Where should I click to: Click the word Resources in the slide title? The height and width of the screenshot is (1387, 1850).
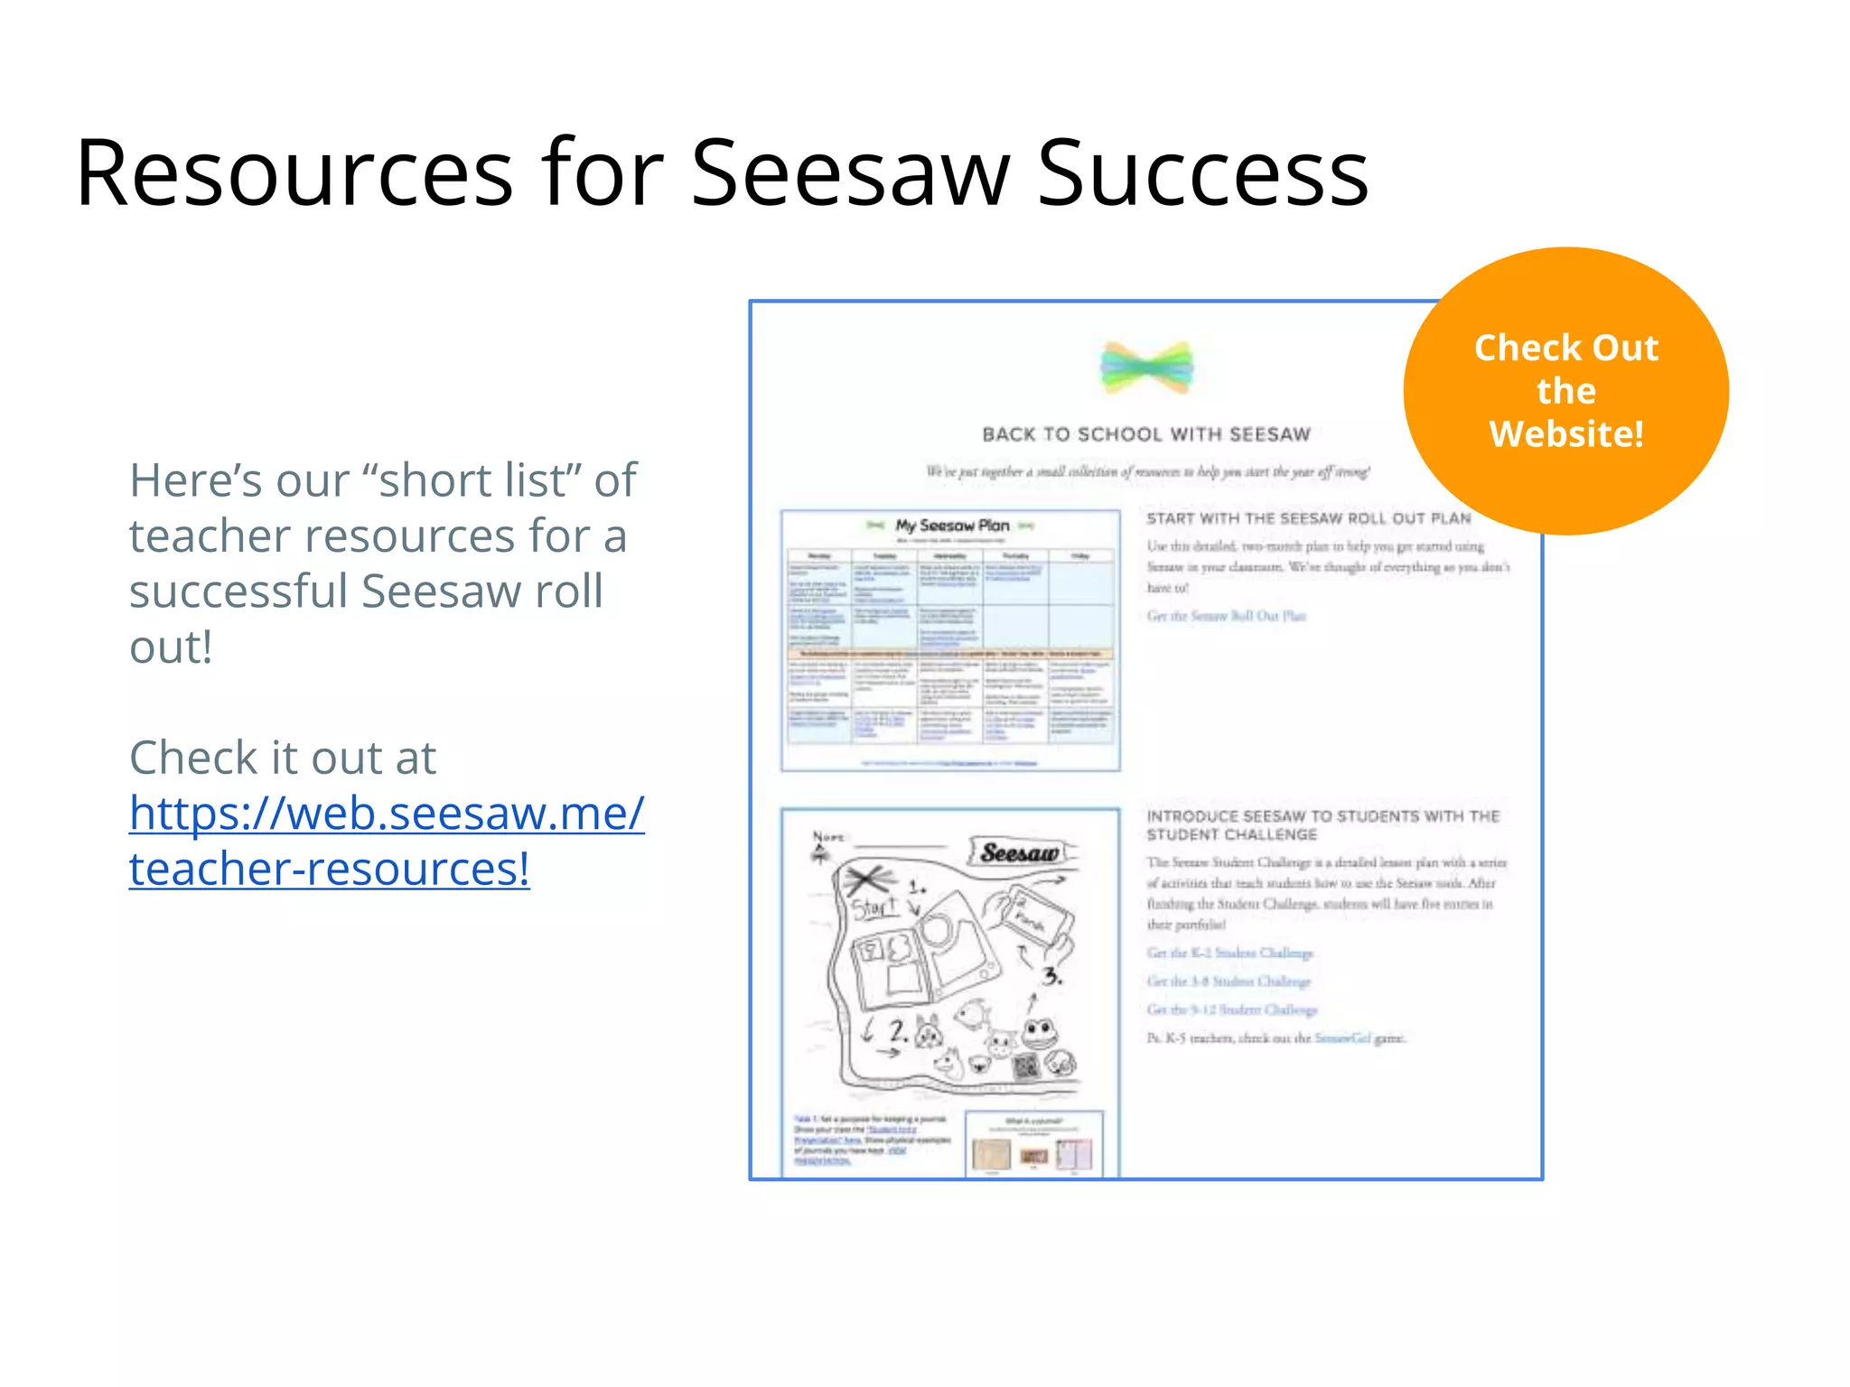pos(294,173)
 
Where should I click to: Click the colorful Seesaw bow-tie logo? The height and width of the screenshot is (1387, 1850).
pos(1146,368)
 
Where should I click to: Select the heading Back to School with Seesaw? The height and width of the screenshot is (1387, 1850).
pos(1145,435)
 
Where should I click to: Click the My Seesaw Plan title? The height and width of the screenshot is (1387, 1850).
pos(952,526)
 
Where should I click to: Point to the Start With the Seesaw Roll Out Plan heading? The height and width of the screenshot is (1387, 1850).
pos(1308,518)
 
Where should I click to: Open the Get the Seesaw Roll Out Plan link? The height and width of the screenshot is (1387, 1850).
pos(1226,616)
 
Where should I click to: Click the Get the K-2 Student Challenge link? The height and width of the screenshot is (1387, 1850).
pos(1229,953)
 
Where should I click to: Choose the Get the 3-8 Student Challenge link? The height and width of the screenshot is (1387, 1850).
pos(1229,981)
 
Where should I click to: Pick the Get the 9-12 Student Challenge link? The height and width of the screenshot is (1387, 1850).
pos(1232,1010)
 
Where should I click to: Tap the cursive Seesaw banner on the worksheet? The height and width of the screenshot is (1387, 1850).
pos(1020,852)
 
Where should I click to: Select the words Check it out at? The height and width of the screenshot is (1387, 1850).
pos(282,758)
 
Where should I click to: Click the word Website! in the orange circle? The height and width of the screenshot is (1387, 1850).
pos(1565,434)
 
